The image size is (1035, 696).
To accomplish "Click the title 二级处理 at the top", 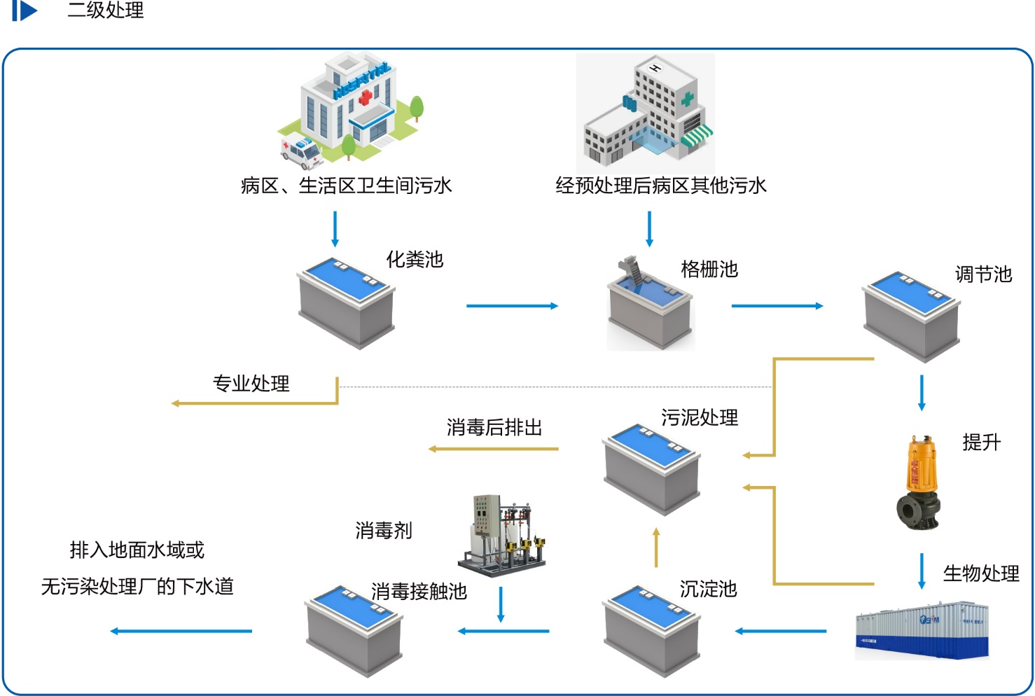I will (x=106, y=11).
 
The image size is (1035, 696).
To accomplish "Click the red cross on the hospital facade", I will (x=365, y=98).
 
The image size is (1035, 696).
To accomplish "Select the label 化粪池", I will (x=415, y=260).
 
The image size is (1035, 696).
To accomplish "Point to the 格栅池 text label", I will (x=709, y=270).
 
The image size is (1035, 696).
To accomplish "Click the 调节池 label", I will (x=983, y=274).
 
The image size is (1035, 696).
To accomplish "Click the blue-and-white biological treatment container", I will (x=921, y=629).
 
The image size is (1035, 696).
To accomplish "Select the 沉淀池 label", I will (x=708, y=589).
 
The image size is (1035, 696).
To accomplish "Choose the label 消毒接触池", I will (x=419, y=592).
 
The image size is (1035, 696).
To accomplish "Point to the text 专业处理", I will (x=251, y=384).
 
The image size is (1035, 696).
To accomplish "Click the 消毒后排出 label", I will (x=494, y=427).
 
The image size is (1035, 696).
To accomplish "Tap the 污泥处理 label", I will (x=700, y=418).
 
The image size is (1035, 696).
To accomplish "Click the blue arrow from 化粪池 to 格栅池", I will (x=512, y=306).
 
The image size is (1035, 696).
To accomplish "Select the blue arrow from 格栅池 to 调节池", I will (x=777, y=306).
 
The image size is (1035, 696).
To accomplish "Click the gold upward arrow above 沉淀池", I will (x=656, y=547).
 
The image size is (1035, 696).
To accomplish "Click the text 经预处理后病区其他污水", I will (x=660, y=186).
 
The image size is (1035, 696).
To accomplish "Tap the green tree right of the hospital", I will (x=416, y=108).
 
